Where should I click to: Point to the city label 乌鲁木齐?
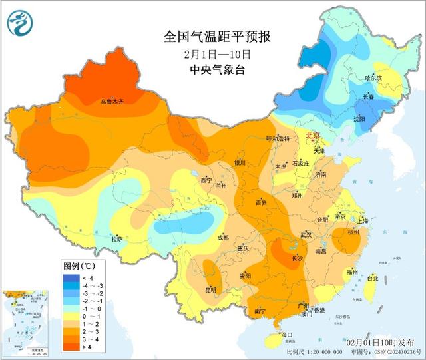tap(112, 101)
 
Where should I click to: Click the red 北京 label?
tap(312, 136)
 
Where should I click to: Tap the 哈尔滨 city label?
tap(374, 78)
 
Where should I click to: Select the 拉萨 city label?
tap(117, 239)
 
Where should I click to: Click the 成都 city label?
tap(222, 237)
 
